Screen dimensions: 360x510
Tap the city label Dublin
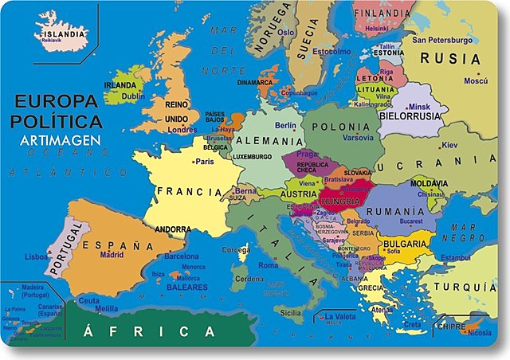click(132, 96)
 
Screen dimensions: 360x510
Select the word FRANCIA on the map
click(189, 192)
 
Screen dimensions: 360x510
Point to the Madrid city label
click(112, 255)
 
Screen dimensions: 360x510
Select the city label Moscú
click(475, 81)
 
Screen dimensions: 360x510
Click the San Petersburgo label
click(441, 40)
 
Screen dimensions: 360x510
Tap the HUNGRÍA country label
click(341, 202)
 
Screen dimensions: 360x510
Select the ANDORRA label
click(174, 228)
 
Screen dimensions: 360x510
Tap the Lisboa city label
click(37, 257)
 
